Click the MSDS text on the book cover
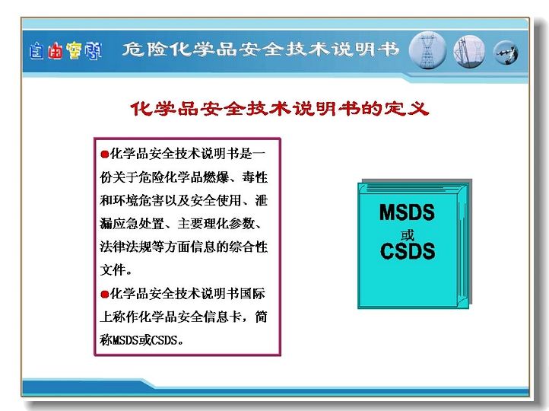407,212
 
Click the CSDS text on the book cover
408,251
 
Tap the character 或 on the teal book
408,235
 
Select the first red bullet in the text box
104,155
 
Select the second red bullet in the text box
104,295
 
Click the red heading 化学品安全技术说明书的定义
279,109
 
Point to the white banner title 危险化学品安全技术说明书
261,49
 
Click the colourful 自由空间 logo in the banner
65,51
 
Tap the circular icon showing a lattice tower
427,50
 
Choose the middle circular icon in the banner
469,51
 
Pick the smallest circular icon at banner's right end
506,53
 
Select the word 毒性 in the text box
255,177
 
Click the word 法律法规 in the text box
125,247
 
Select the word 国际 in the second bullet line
252,294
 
